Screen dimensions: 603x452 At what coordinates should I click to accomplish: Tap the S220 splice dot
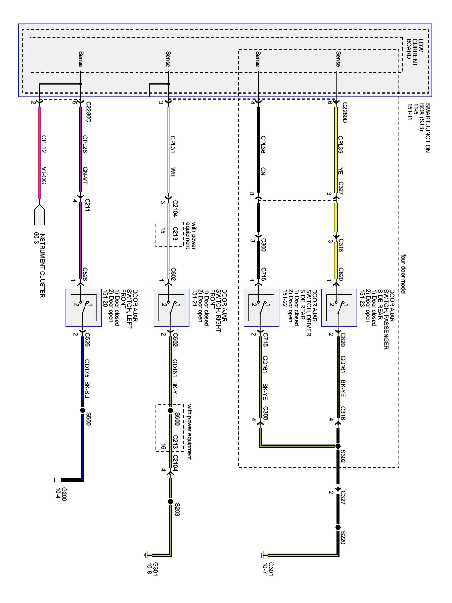point(338,527)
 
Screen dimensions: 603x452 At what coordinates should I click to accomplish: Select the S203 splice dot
point(171,501)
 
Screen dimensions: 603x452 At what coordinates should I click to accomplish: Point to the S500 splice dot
point(83,410)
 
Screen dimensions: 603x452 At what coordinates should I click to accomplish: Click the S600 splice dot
point(171,410)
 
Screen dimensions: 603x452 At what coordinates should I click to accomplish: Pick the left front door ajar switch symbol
point(83,308)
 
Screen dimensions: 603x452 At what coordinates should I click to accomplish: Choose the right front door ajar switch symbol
point(171,308)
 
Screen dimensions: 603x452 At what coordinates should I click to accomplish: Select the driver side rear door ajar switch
point(261,308)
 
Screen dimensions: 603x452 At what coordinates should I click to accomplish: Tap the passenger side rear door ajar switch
point(339,308)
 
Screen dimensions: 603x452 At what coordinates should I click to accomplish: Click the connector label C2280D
point(345,112)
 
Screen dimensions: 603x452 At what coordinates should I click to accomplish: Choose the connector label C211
point(87,205)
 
